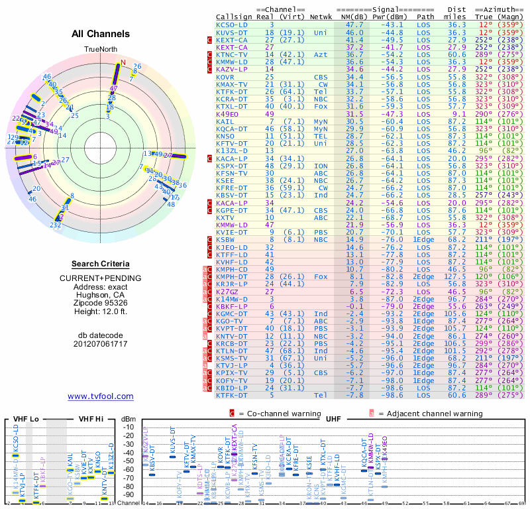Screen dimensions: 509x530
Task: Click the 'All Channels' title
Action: [x=101, y=34]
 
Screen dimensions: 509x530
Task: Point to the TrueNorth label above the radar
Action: [x=100, y=50]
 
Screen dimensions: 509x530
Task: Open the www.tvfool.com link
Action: [x=100, y=396]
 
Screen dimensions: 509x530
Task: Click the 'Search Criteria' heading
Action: [x=100, y=264]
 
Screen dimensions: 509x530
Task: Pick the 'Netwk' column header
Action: [x=321, y=16]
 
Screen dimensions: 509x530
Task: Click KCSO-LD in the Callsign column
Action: [x=233, y=25]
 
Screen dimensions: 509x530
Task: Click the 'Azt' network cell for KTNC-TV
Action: [x=321, y=54]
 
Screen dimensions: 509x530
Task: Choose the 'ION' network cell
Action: [x=321, y=165]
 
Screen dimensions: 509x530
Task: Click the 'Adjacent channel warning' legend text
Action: [x=430, y=413]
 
